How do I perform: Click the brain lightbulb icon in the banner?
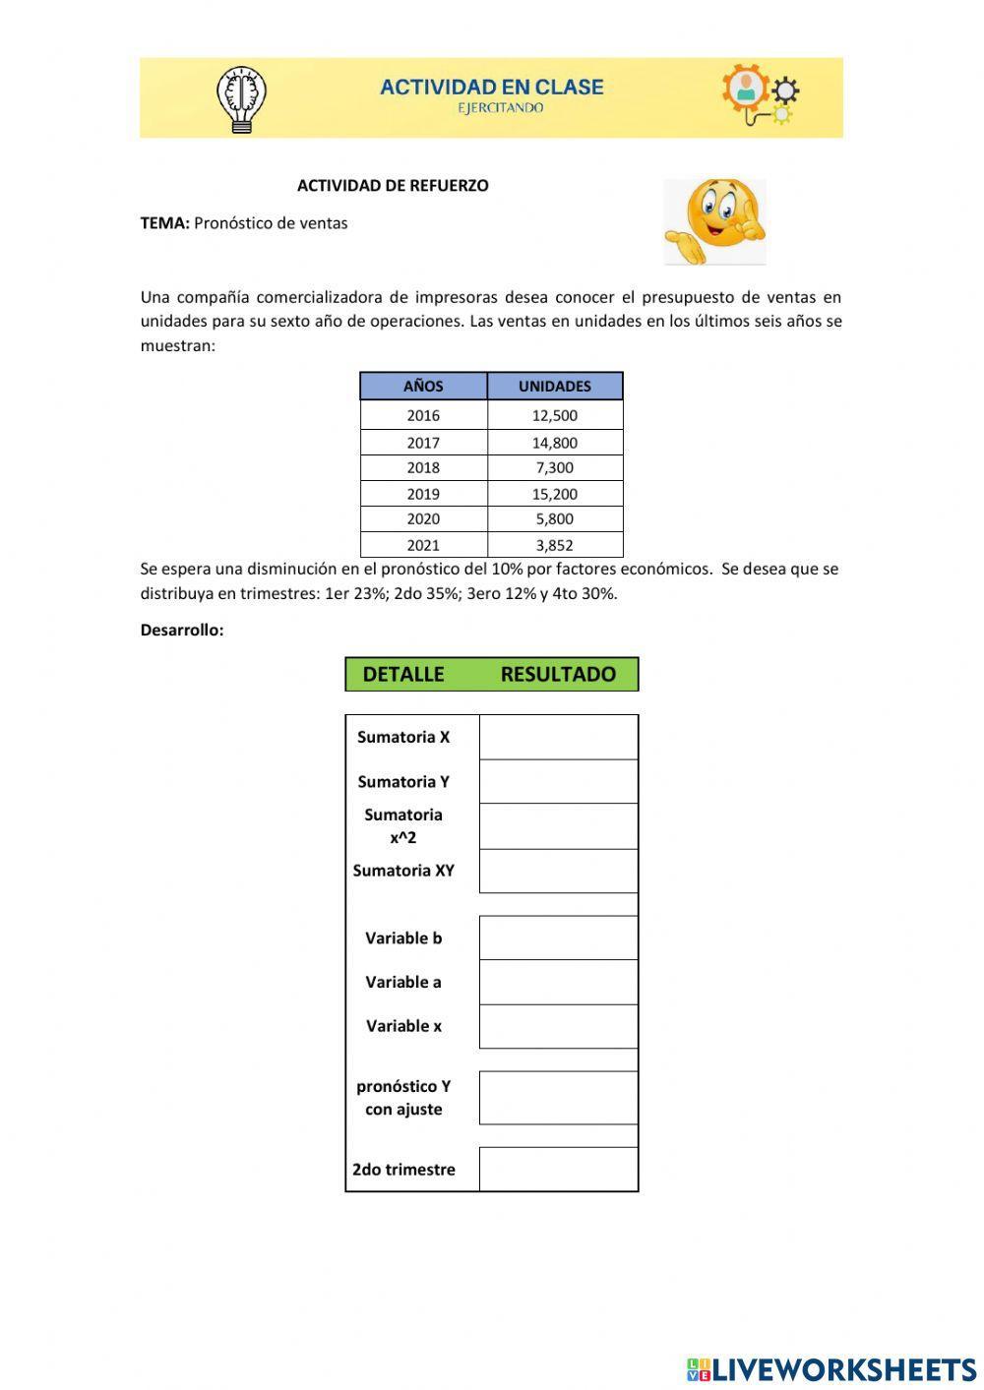click(x=241, y=98)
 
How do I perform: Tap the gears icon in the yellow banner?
click(x=759, y=94)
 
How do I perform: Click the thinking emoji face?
click(x=714, y=221)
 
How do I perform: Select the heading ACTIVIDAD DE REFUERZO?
click(x=393, y=186)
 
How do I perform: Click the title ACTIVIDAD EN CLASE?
click(x=491, y=88)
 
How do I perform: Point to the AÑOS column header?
click(x=423, y=387)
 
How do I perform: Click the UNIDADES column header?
click(x=555, y=387)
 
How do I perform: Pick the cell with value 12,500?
click(x=555, y=415)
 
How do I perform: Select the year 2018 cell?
click(x=423, y=468)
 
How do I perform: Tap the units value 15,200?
click(x=555, y=494)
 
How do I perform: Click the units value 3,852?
click(x=555, y=545)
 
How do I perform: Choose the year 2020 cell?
click(x=423, y=519)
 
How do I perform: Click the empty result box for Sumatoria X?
click(x=558, y=737)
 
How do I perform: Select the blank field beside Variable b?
click(x=558, y=938)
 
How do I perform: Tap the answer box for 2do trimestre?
click(x=558, y=1169)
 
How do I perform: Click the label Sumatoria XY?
click(x=403, y=871)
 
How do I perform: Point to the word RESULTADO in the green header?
click(x=558, y=675)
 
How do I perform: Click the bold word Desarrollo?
click(x=182, y=631)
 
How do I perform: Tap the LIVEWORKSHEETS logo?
click(x=831, y=1368)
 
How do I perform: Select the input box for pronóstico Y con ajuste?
click(x=558, y=1098)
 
